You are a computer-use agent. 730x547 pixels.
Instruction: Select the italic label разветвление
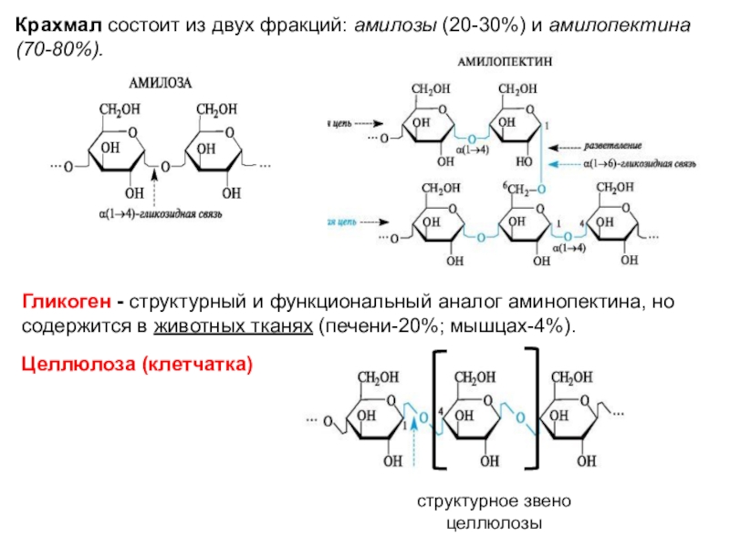click(x=613, y=146)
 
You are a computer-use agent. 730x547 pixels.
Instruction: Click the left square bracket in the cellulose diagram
click(x=439, y=411)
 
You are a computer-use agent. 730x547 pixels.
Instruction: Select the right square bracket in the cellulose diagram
click(x=542, y=411)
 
